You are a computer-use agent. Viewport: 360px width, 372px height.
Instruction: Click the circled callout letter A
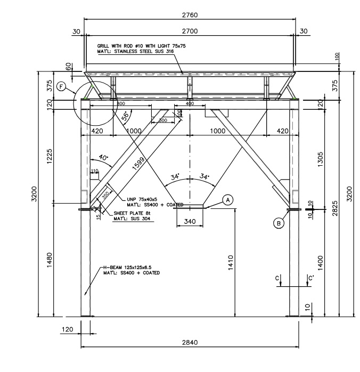pyautogui.click(x=227, y=200)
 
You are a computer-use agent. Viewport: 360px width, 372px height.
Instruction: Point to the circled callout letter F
pyautogui.click(x=62, y=87)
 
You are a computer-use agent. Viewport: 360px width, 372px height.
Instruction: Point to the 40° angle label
pyautogui.click(x=103, y=158)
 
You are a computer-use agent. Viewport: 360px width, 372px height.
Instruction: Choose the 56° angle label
pyautogui.click(x=126, y=116)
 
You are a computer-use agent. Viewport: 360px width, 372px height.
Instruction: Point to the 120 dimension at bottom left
pyautogui.click(x=68, y=330)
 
